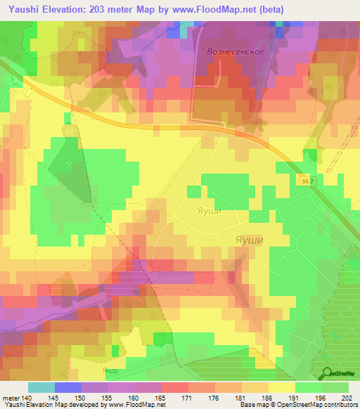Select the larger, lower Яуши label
point(248,240)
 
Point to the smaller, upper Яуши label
point(208,210)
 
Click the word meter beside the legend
point(11,398)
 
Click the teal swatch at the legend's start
point(41,387)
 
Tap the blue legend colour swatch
point(68,387)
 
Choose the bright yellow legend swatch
point(282,387)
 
